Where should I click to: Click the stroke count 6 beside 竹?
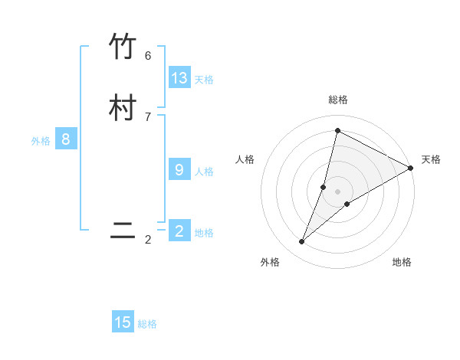[148, 56]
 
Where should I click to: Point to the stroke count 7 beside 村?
[148, 116]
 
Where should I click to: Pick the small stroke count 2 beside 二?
[148, 240]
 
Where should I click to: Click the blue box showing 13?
[179, 77]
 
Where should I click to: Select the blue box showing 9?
[179, 169]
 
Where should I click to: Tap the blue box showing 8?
[66, 139]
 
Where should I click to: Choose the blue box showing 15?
[123, 322]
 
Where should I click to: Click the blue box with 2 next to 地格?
[179, 231]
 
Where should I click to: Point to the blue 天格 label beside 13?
[204, 79]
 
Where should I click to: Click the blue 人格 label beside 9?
[204, 171]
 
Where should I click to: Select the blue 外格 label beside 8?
[41, 141]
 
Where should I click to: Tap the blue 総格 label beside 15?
[147, 324]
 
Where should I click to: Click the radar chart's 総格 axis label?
[338, 100]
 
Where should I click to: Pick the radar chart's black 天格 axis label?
[431, 159]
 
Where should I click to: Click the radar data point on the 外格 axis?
[302, 242]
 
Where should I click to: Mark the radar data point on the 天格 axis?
[411, 168]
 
